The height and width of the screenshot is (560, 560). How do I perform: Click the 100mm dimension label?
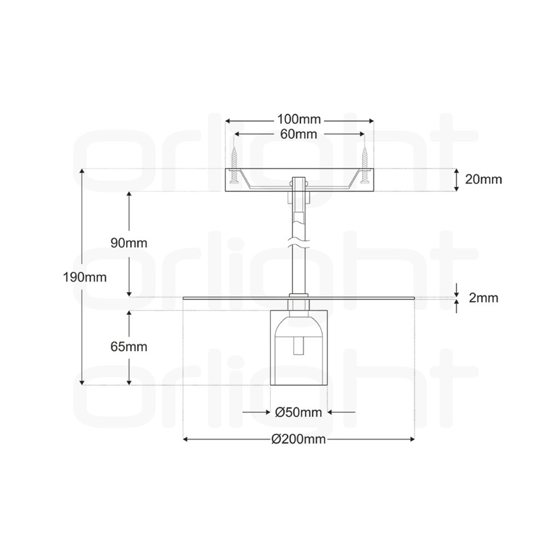299,119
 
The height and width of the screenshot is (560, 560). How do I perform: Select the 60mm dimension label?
299,134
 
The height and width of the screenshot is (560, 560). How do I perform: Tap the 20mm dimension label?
483,179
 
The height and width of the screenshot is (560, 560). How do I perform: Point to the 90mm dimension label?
129,243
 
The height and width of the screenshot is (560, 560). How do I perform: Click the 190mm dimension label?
85,277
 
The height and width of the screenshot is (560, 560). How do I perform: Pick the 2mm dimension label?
483,297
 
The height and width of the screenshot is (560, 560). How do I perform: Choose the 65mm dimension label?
129,346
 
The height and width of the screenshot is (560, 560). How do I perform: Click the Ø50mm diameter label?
299,412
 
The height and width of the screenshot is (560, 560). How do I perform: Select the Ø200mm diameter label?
299,439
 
